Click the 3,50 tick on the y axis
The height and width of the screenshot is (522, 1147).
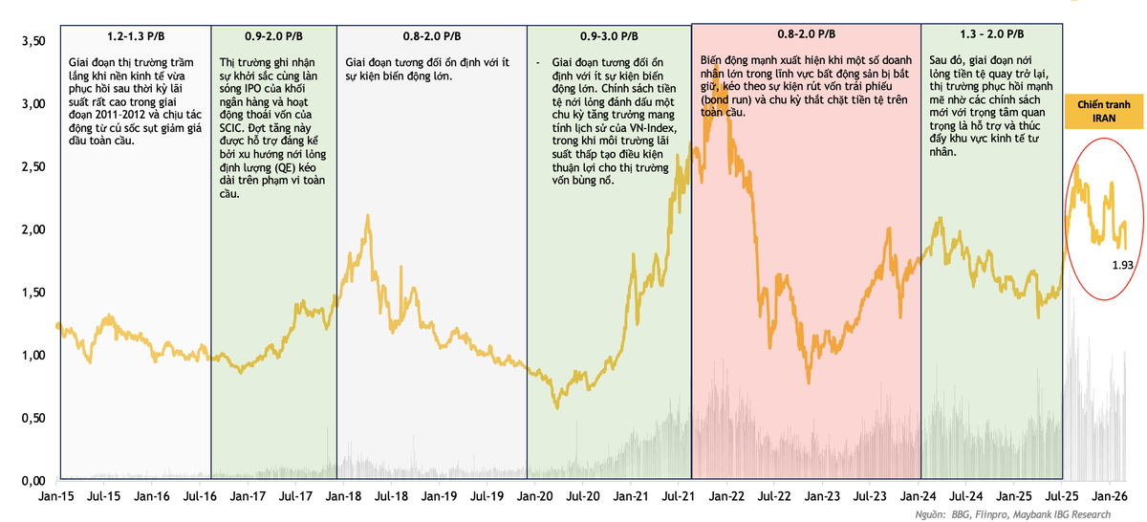pyautogui.click(x=32, y=42)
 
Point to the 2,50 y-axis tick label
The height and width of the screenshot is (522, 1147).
pyautogui.click(x=32, y=167)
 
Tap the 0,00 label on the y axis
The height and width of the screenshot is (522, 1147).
pyautogui.click(x=32, y=480)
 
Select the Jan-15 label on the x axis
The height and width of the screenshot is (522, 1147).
pyautogui.click(x=55, y=497)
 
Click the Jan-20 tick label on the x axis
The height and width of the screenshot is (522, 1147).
pyautogui.click(x=534, y=497)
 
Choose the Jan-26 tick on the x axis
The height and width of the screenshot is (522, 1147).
pyautogui.click(x=1109, y=497)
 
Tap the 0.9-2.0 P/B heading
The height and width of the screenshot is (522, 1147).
pyautogui.click(x=274, y=36)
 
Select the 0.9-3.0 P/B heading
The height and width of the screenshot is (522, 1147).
pyautogui.click(x=610, y=36)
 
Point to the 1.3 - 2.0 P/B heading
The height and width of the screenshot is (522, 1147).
pyautogui.click(x=977, y=36)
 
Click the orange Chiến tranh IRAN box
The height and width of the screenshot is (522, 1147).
pyautogui.click(x=1105, y=110)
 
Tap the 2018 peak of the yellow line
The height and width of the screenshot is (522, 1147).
pyautogui.click(x=367, y=217)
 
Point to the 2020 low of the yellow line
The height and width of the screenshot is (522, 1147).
pyautogui.click(x=557, y=407)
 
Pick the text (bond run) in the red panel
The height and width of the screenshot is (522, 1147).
pyautogui.click(x=731, y=99)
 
